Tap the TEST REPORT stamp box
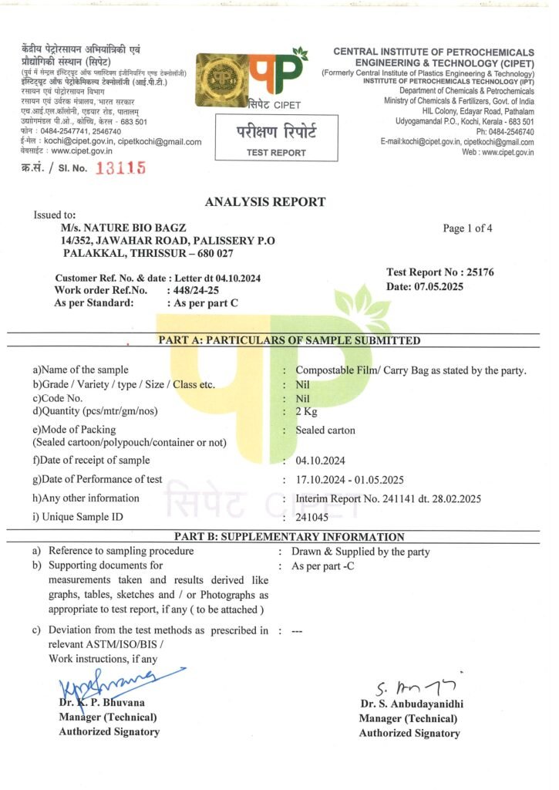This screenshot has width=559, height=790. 276,138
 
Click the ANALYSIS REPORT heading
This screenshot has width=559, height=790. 265,202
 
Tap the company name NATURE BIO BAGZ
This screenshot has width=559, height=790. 123,229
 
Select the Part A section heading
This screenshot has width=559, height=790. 289,340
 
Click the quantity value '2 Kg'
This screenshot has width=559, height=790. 307,411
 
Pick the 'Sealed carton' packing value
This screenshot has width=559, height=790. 325,430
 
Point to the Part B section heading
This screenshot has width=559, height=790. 289,537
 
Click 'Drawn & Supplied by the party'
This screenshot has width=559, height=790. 360,552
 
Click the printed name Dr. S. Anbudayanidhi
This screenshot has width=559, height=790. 411,704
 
